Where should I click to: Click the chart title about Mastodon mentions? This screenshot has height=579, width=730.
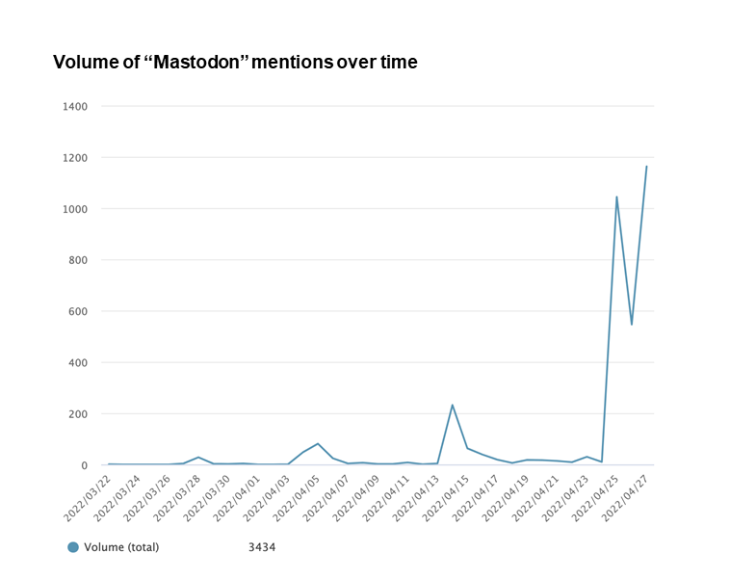pyautogui.click(x=235, y=62)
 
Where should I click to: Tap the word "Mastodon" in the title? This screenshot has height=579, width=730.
pyautogui.click(x=196, y=62)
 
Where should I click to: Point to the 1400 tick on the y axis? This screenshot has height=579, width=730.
pyautogui.click(x=75, y=107)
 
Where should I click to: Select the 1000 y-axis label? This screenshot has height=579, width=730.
pyautogui.click(x=75, y=209)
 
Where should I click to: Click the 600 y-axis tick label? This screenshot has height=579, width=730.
pyautogui.click(x=78, y=311)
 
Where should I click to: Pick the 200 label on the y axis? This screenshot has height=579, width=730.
pyautogui.click(x=78, y=414)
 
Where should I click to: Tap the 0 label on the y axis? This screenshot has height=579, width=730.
pyautogui.click(x=84, y=465)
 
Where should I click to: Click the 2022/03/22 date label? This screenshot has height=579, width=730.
pyautogui.click(x=87, y=498)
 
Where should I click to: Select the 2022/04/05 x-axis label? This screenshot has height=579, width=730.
pyautogui.click(x=296, y=498)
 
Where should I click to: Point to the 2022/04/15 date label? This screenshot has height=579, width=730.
pyautogui.click(x=446, y=498)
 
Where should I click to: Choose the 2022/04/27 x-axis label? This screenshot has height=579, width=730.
pyautogui.click(x=625, y=498)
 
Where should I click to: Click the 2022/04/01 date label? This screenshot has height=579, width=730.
pyautogui.click(x=237, y=498)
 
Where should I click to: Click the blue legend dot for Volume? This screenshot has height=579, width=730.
pyautogui.click(x=73, y=547)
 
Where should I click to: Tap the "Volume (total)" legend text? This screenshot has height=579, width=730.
pyautogui.click(x=121, y=547)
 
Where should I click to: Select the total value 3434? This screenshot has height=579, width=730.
pyautogui.click(x=262, y=547)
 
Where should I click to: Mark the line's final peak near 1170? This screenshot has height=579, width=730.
pyautogui.click(x=646, y=167)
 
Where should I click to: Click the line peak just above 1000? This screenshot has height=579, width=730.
pyautogui.click(x=616, y=197)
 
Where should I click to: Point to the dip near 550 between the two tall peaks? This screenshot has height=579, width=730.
pyautogui.click(x=632, y=325)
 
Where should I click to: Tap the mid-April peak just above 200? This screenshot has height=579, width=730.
pyautogui.click(x=452, y=405)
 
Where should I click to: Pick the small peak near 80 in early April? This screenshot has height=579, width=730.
pyautogui.click(x=318, y=443)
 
